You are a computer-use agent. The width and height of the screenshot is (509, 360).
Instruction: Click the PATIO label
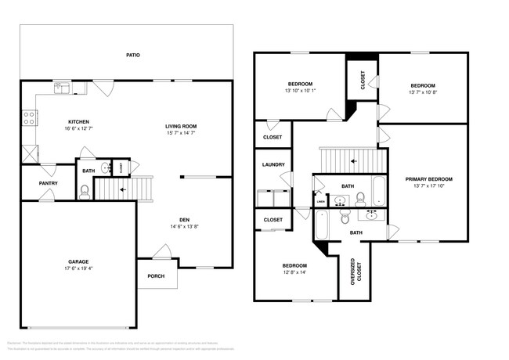pos(134,56)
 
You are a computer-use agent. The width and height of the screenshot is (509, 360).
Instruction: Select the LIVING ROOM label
pos(180,127)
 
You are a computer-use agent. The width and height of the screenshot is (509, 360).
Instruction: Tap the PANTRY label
pos(49,183)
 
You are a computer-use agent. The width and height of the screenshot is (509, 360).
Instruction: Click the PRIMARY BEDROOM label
pos(428,179)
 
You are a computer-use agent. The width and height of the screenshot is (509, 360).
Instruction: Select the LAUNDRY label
pos(273,164)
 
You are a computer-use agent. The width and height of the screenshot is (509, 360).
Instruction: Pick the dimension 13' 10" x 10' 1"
pos(300,91)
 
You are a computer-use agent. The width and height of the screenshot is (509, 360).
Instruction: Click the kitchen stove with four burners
pos(29,118)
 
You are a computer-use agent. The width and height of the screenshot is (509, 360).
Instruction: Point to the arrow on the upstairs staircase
pos(353,162)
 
